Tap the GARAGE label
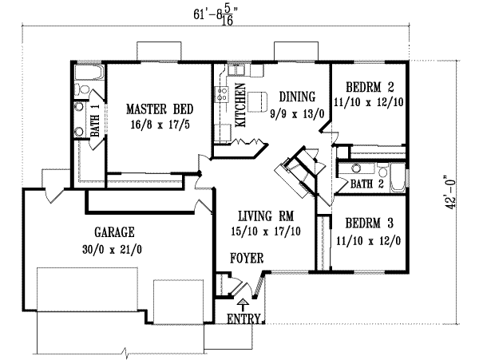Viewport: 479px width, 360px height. pos(114,232)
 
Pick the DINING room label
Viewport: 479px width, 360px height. pos(297,97)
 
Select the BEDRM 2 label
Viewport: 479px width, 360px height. pos(369,86)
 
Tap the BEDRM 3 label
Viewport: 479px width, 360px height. pos(369,224)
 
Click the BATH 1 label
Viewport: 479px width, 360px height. pos(94,121)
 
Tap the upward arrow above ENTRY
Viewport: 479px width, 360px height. pos(243,304)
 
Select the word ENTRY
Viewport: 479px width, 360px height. pos(243,319)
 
